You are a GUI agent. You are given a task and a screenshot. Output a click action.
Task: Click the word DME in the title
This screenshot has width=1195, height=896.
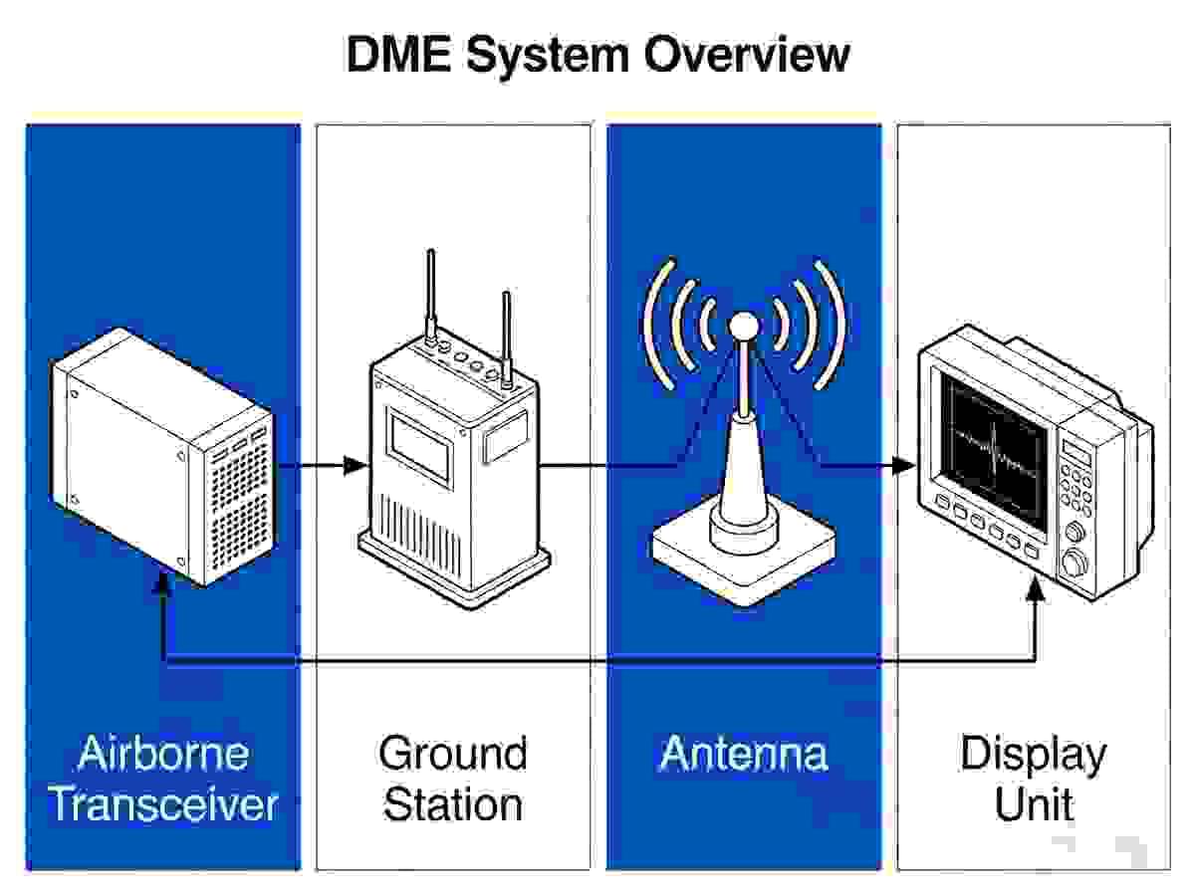(399, 55)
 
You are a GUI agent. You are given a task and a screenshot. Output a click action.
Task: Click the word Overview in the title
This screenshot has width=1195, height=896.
(747, 55)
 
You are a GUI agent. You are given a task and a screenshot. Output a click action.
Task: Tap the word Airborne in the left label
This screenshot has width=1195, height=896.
(163, 754)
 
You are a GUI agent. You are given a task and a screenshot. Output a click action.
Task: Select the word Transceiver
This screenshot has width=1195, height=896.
(163, 803)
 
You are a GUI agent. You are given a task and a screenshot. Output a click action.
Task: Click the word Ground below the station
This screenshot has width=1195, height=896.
(453, 754)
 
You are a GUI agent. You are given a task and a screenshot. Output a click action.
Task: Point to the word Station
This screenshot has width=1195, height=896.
(453, 803)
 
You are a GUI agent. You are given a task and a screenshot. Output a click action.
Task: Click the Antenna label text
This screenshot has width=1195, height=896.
(744, 754)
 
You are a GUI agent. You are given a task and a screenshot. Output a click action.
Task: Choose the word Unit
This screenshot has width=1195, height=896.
(1035, 803)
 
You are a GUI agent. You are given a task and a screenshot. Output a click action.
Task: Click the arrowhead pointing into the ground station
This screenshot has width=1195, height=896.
(357, 466)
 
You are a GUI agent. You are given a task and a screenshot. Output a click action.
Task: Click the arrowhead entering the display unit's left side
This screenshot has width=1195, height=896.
(905, 466)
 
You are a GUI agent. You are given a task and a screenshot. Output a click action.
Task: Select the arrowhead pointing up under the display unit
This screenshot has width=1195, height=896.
(1035, 590)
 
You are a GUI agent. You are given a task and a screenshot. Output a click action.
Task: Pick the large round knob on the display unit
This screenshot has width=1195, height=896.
(1075, 561)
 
